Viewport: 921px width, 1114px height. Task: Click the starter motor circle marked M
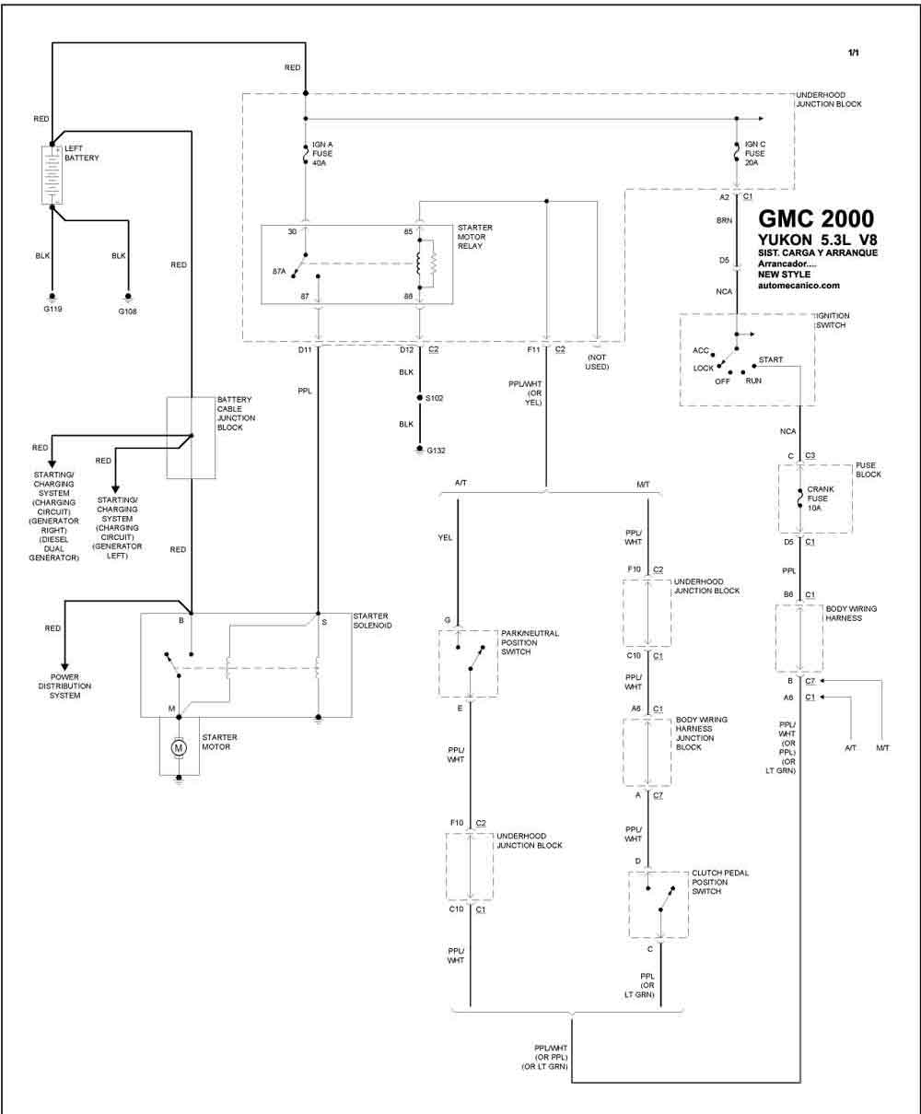[179, 747]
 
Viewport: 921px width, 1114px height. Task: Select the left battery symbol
[52, 175]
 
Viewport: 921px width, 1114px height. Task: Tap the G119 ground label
[52, 309]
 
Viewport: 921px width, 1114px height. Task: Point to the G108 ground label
[127, 311]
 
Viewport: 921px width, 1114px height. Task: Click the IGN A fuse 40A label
[322, 154]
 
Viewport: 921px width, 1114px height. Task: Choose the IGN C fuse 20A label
[754, 153]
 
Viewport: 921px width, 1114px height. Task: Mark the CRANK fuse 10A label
[821, 498]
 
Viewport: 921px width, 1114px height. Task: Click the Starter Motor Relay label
[474, 237]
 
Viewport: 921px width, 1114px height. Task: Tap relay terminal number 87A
[279, 272]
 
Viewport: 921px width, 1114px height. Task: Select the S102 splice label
[434, 398]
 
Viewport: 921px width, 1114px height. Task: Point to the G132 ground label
[436, 451]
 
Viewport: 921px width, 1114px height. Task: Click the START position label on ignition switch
[771, 359]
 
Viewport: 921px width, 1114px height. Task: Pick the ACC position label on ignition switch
[700, 350]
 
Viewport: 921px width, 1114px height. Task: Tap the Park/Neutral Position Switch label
[530, 642]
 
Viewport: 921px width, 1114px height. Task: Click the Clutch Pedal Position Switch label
[720, 882]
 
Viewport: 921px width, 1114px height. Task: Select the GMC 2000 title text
[816, 218]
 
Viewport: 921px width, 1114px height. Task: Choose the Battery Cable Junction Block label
[236, 414]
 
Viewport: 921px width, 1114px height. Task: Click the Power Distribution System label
[64, 686]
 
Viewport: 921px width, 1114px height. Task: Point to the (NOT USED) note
[597, 362]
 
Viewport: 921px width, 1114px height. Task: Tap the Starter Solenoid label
[372, 620]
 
